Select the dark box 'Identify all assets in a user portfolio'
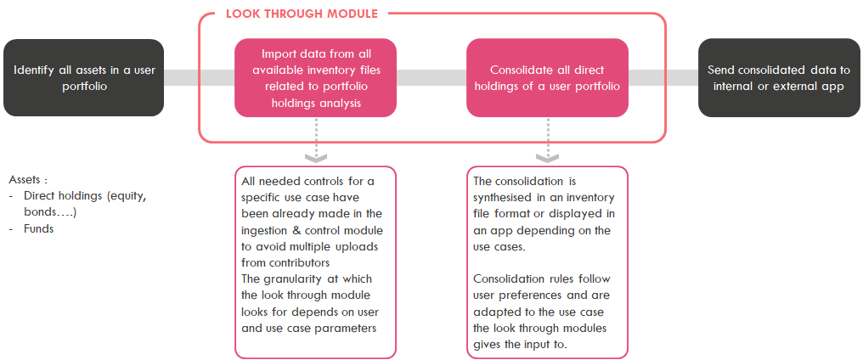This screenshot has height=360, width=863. pyautogui.click(x=83, y=77)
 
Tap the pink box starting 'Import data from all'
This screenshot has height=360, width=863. pyautogui.click(x=315, y=77)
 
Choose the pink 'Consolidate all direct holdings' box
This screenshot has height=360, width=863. pyautogui.click(x=547, y=77)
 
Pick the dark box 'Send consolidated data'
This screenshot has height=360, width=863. pyautogui.click(x=778, y=77)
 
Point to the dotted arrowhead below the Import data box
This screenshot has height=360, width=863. pyautogui.click(x=316, y=156)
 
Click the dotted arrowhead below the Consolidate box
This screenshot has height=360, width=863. pyautogui.click(x=547, y=156)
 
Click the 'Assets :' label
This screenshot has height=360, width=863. pyautogui.click(x=28, y=180)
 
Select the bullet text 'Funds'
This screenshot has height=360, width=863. pyautogui.click(x=38, y=228)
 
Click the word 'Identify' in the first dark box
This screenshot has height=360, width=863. pyautogui.click(x=35, y=69)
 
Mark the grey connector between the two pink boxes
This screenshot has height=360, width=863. pyautogui.click(x=431, y=77)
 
